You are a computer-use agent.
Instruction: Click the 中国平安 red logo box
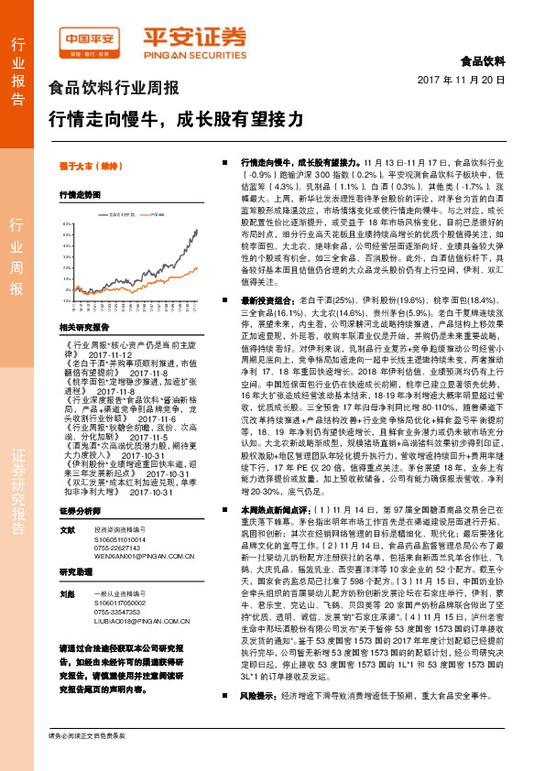tap(92, 38)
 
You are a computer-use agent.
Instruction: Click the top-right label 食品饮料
tap(482, 62)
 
